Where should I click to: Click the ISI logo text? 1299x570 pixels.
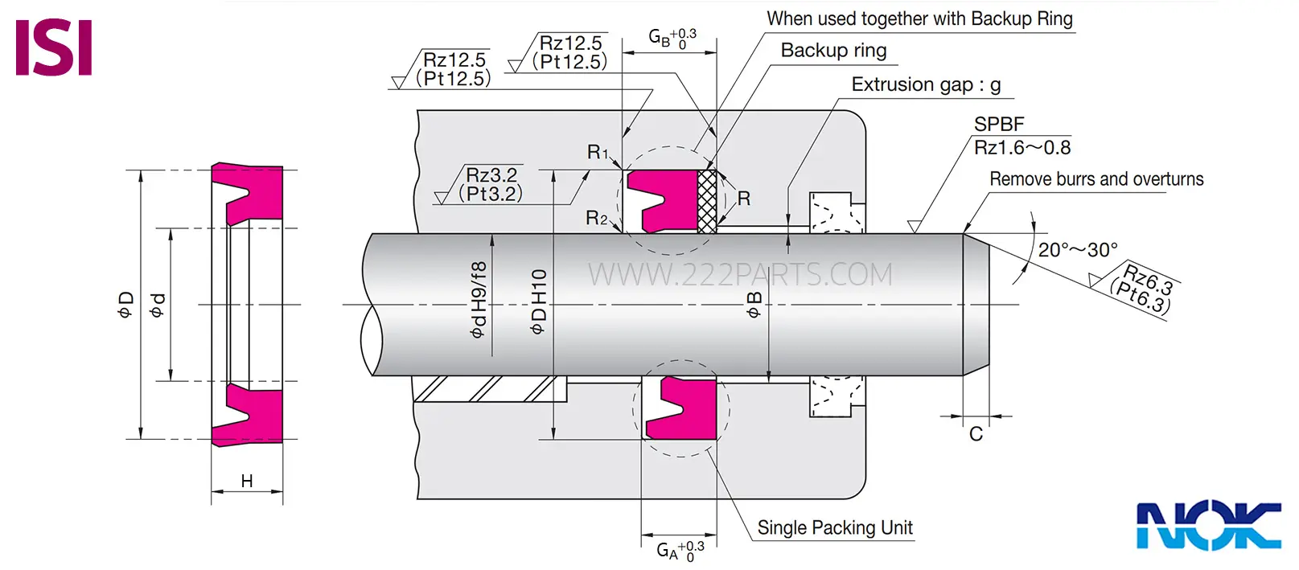coord(53,47)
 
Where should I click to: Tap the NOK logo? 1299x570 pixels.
coord(1209,525)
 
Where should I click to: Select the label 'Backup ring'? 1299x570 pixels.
coord(833,51)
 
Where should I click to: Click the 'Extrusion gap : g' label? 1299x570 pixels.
coord(926,84)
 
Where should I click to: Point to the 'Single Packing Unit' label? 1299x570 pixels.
coord(834,527)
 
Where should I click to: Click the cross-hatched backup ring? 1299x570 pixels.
coord(707,201)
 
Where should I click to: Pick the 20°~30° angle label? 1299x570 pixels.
coord(1078,250)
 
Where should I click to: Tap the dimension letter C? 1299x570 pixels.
coord(976,434)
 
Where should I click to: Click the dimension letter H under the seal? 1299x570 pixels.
coord(246,481)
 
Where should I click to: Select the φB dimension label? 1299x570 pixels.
coord(754,305)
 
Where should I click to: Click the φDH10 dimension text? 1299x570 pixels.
coord(538,301)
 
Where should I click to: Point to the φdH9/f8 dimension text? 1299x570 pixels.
coord(479,300)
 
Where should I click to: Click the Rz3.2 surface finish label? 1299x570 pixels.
coord(491,174)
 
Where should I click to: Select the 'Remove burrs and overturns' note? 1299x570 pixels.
coord(1096,179)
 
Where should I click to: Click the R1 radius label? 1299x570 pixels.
coord(598,152)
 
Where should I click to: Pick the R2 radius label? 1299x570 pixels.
coord(596,218)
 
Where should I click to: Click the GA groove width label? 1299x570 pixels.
coord(680,550)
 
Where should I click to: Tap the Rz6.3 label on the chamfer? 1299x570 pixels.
coord(1149,279)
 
